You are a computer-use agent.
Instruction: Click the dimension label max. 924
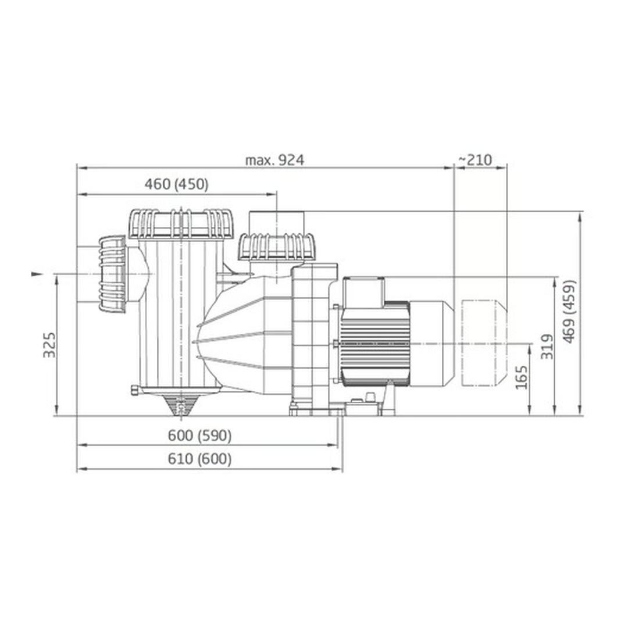point(274,160)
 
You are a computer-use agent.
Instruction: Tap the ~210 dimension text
point(475,160)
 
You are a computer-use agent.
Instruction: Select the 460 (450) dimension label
point(177,185)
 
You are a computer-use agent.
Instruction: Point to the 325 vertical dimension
point(49,344)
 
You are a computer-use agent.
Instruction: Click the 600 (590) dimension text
point(199,436)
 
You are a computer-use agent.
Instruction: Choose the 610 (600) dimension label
point(199,459)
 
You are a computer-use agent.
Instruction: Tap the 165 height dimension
point(522,377)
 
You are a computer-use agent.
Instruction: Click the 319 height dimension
point(547,347)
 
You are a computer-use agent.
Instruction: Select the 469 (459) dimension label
point(569,312)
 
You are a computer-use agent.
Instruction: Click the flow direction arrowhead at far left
point(37,274)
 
